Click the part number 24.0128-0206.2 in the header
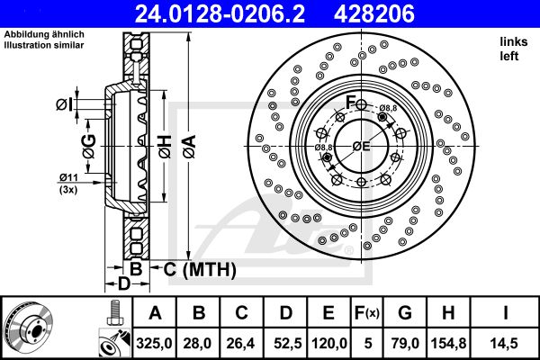click(220, 13)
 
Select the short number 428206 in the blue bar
click(374, 13)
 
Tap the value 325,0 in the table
click(154, 343)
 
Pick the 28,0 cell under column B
click(199, 343)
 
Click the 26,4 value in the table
click(240, 343)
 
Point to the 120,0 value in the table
click(328, 343)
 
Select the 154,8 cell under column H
click(448, 343)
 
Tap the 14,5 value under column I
click(505, 343)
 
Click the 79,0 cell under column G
click(405, 343)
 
